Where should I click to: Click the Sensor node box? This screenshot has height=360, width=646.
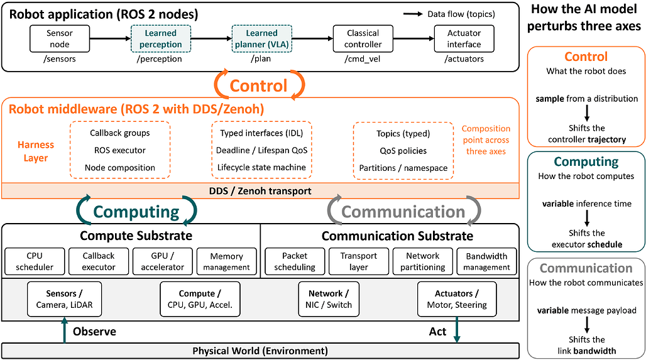click(x=60, y=39)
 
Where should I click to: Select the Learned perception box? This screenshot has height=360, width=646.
click(x=161, y=39)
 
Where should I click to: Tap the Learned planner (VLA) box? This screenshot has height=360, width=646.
click(x=262, y=39)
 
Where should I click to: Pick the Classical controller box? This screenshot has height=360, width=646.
click(x=363, y=39)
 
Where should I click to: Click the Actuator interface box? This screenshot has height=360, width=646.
click(x=464, y=39)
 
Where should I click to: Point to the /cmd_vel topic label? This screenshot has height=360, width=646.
click(x=363, y=59)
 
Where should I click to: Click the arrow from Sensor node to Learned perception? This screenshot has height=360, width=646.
click(x=110, y=39)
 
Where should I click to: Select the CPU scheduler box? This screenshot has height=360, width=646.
click(x=35, y=261)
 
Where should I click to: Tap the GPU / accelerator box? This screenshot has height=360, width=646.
click(x=162, y=261)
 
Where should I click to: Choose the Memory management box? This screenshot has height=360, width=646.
click(x=227, y=261)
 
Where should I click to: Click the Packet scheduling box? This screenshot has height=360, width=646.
click(x=295, y=261)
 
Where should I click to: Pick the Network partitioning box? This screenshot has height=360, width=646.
click(x=423, y=261)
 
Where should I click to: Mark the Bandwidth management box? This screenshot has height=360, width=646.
click(x=486, y=261)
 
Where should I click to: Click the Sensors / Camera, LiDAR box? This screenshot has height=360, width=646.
click(x=64, y=299)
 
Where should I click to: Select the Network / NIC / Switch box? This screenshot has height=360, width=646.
click(x=329, y=299)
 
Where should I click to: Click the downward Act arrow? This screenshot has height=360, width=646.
click(x=457, y=329)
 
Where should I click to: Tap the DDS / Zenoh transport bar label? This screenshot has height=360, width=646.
click(x=260, y=191)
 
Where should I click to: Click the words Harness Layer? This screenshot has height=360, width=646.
click(x=35, y=151)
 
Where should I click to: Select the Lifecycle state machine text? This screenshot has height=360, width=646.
click(x=261, y=167)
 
